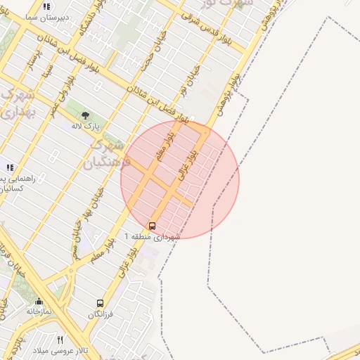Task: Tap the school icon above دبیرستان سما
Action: point(46,6)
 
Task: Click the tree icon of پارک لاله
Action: point(86,115)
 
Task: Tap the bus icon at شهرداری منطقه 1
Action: point(153,226)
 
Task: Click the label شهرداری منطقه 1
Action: point(152,237)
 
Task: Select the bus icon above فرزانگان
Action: point(100,304)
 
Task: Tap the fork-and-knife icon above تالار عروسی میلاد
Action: point(60,340)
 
